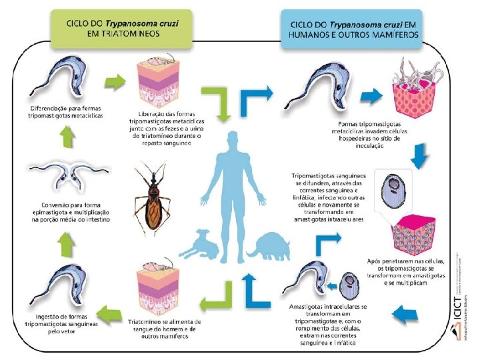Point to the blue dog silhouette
[200, 245]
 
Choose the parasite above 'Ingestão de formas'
[57, 284]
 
